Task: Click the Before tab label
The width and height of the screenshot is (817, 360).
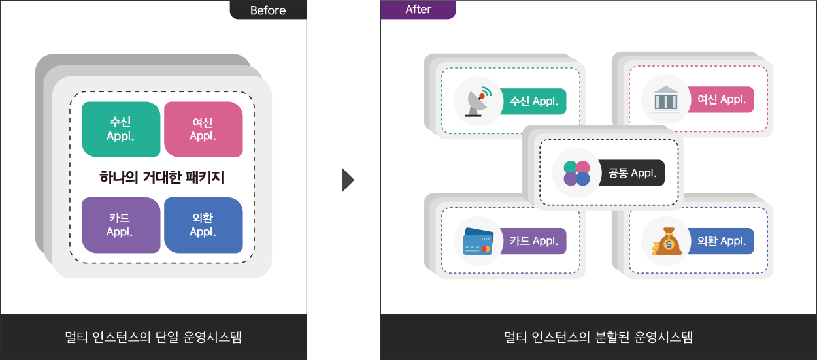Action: [268, 10]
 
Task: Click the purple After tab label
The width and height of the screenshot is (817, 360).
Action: [418, 10]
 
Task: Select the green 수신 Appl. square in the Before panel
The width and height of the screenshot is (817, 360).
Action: [121, 129]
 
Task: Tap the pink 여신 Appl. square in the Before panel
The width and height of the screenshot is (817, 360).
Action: [203, 129]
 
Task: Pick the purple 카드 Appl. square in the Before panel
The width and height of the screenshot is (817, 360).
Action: [121, 225]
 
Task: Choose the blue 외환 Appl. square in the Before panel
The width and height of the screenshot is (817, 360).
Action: [203, 225]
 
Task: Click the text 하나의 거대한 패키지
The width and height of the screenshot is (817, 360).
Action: [162, 177]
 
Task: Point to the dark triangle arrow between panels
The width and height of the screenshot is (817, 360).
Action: [348, 180]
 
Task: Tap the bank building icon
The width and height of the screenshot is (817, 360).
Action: [665, 99]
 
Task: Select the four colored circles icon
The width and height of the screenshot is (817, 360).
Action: [576, 173]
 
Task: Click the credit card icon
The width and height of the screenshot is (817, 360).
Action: [478, 241]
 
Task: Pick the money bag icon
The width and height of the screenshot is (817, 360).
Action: [667, 241]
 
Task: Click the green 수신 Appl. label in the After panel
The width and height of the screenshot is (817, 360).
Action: [533, 101]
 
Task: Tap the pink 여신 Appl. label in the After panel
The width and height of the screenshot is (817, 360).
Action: [721, 99]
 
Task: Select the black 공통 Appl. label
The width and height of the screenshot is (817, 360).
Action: [631, 173]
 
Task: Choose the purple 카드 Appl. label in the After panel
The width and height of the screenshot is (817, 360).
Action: [533, 241]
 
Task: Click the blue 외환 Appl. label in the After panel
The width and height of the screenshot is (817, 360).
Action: [721, 241]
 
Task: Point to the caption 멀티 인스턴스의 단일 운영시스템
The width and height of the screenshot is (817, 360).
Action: [153, 337]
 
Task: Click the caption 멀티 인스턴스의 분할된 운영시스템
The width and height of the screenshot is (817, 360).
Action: [598, 337]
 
